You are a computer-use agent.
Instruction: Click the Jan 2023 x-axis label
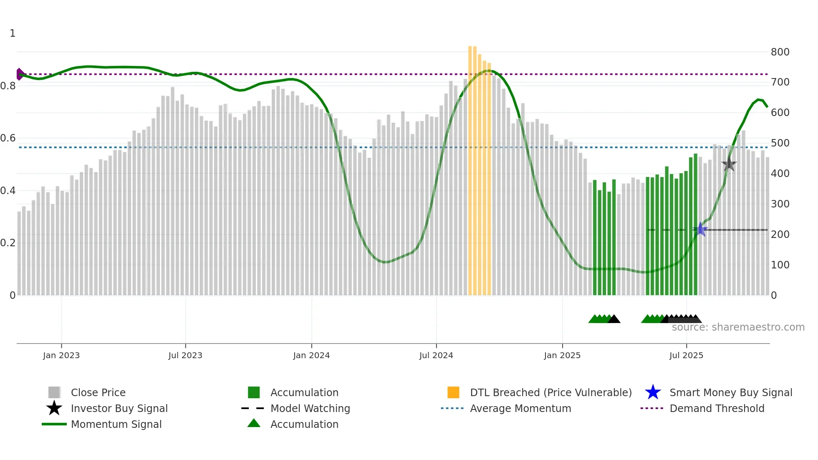pos(61,355)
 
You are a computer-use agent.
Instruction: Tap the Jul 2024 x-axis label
pos(436,355)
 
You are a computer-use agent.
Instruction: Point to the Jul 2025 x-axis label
pos(686,355)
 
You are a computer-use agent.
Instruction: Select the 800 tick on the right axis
pos(780,52)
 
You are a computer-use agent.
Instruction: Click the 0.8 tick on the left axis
pos(8,86)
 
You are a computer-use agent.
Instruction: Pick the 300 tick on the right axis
pos(780,204)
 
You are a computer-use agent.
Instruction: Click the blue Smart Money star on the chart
pos(701,229)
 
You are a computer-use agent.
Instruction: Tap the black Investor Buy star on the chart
pos(729,164)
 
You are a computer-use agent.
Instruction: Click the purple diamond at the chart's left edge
pos(20,74)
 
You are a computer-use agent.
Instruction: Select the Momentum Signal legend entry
pos(116,424)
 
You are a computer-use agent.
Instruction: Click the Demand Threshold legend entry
pos(717,408)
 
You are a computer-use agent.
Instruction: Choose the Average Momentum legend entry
pos(520,408)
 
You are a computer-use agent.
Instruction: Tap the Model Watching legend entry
pos(310,408)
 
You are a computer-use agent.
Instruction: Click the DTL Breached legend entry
pos(550,392)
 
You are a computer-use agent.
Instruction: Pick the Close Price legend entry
pos(98,392)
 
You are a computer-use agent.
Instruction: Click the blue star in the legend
pos(653,392)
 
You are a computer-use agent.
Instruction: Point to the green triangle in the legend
pos(254,423)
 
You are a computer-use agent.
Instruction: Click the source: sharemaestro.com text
pos(738,327)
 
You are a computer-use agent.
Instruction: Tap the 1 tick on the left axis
pos(13,33)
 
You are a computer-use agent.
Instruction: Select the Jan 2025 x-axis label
pos(562,355)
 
